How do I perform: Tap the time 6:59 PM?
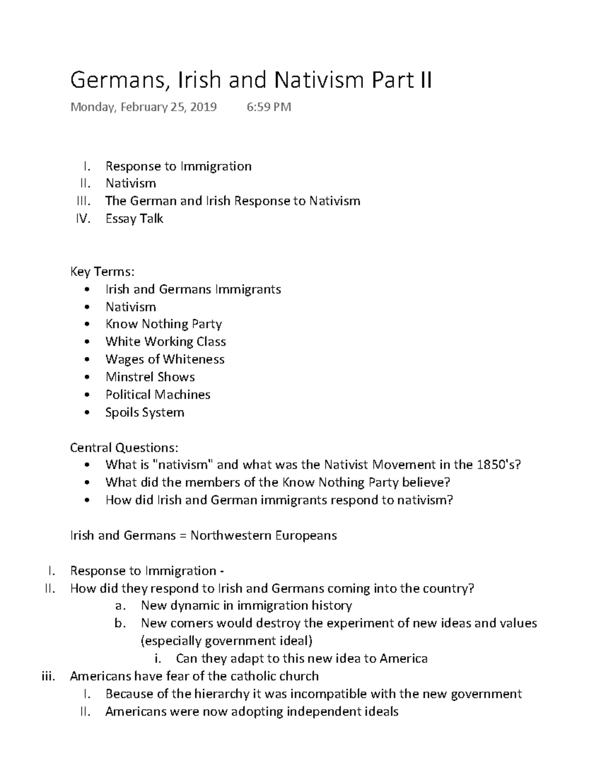pyautogui.click(x=268, y=107)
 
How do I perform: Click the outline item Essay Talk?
pyautogui.click(x=134, y=218)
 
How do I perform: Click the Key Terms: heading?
pyautogui.click(x=102, y=272)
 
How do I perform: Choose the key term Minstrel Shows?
pyautogui.click(x=150, y=377)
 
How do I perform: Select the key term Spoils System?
pyautogui.click(x=145, y=412)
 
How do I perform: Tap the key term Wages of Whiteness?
pyautogui.click(x=165, y=359)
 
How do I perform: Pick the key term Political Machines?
pyautogui.click(x=158, y=395)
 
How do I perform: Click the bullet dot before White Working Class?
pyautogui.click(x=88, y=342)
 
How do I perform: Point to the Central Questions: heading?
pyautogui.click(x=124, y=447)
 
